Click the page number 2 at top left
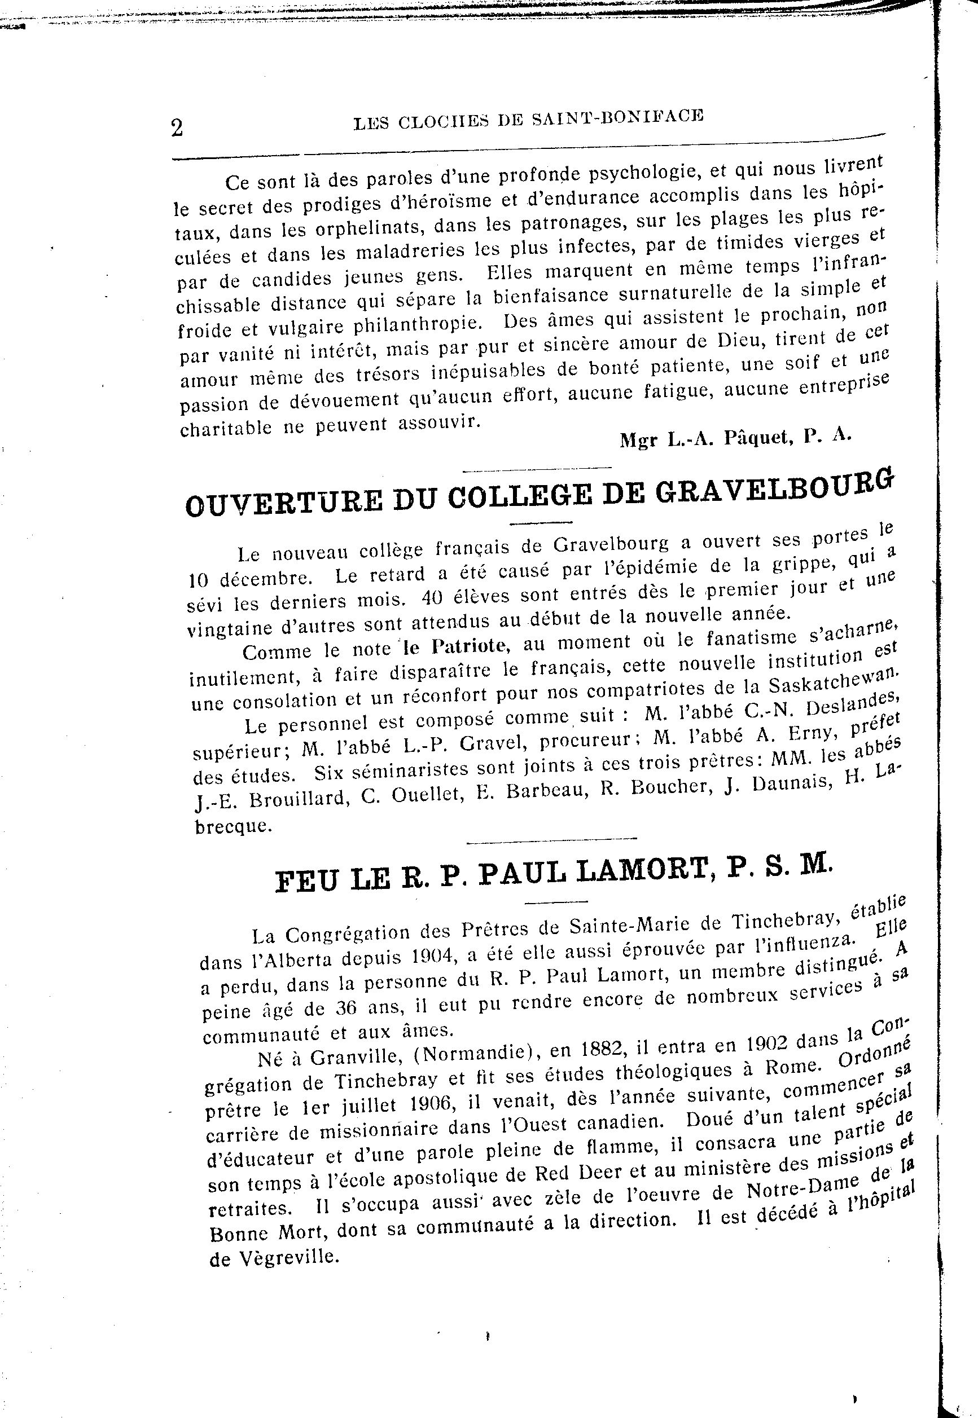click(177, 128)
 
